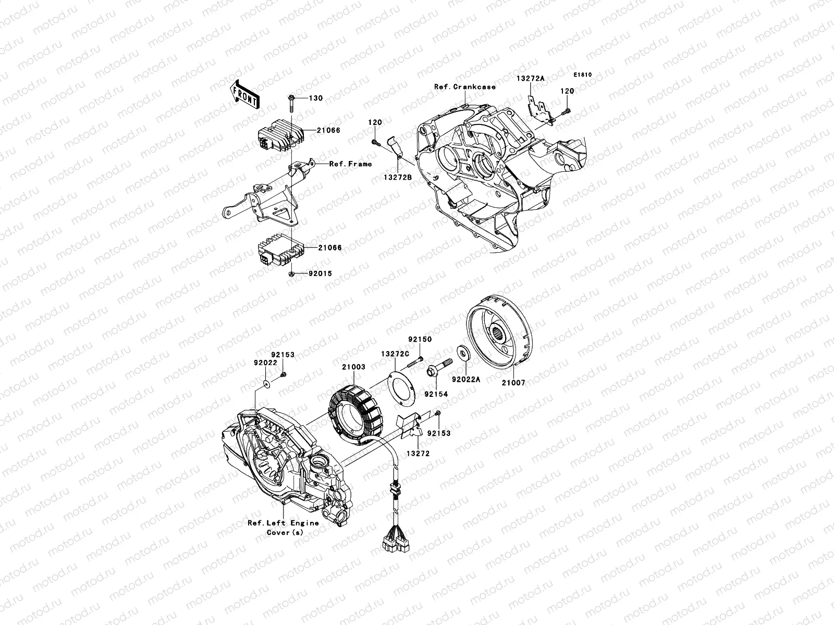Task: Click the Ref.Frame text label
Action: (350, 164)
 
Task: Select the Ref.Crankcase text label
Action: (464, 87)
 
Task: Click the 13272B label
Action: (398, 177)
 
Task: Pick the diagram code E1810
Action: (583, 75)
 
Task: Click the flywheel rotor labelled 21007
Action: (500, 333)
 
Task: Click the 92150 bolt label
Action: (420, 339)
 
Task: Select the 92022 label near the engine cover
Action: (265, 362)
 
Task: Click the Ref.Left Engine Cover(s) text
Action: (283, 528)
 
